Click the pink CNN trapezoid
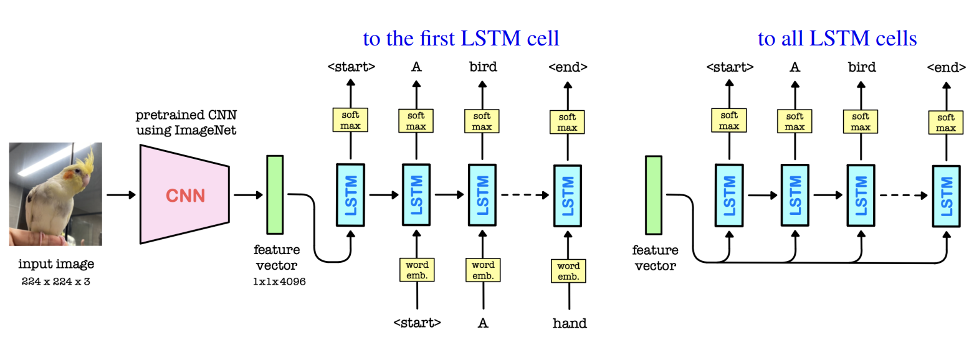click(184, 194)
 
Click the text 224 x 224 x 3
click(56, 282)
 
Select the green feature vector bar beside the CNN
click(275, 194)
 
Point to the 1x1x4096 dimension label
click(279, 282)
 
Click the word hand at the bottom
click(570, 323)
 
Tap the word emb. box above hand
click(568, 271)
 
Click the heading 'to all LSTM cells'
click(837, 39)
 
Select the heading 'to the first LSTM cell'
click(461, 39)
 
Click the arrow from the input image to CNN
click(121, 195)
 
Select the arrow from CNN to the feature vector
click(248, 195)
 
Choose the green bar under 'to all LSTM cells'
click(654, 195)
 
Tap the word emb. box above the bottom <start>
click(417, 270)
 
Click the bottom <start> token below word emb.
click(417, 323)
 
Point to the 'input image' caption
click(56, 263)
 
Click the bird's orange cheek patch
click(70, 175)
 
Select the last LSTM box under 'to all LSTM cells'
click(946, 196)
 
